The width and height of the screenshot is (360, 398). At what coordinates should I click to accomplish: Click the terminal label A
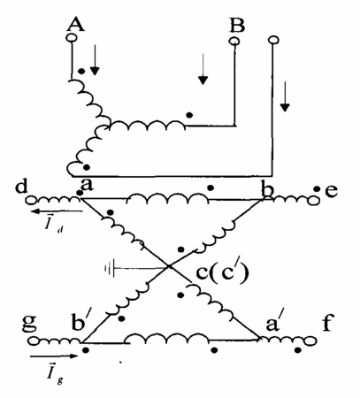click(76, 24)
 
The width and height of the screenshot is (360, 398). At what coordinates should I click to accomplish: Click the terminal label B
click(237, 25)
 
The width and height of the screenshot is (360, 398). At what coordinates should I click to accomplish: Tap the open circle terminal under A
click(72, 38)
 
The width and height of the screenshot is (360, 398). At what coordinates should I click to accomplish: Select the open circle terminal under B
click(234, 42)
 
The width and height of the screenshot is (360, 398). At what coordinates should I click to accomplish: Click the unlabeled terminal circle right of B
click(273, 40)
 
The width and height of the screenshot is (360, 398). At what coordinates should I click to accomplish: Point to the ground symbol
click(110, 268)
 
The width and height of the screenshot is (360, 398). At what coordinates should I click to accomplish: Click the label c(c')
click(222, 272)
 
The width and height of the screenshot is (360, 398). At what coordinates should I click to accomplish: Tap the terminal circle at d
click(31, 201)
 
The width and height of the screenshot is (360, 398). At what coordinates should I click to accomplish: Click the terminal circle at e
click(314, 201)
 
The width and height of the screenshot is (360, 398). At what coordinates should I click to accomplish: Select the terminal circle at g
click(33, 341)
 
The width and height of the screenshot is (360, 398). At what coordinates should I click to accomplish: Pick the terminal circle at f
click(311, 341)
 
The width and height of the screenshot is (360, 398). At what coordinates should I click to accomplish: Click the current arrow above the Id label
click(57, 211)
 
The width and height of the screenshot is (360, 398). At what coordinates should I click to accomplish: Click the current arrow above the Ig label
click(54, 356)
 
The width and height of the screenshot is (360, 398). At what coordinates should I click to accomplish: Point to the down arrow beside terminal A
click(95, 60)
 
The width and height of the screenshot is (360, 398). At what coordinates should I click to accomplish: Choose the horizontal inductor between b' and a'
click(166, 339)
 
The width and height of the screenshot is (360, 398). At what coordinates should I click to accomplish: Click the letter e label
click(331, 191)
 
